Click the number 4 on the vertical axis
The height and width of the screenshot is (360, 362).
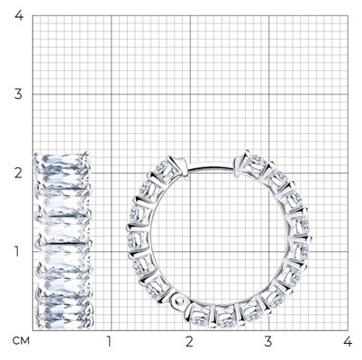[x=19, y=15]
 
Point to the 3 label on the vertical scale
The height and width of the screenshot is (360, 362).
[x=18, y=94]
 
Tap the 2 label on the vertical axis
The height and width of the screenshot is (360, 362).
[x=18, y=173]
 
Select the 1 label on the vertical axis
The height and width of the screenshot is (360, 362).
[x=17, y=252]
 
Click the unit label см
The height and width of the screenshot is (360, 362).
[x=21, y=341]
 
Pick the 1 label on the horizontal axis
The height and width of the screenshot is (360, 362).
[x=109, y=341]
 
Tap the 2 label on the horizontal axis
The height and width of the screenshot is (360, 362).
[x=189, y=341]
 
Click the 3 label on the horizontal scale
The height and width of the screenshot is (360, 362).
[x=268, y=341]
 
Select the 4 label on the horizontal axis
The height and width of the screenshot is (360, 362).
[x=348, y=341]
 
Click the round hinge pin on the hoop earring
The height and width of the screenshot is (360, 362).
[x=179, y=300]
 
